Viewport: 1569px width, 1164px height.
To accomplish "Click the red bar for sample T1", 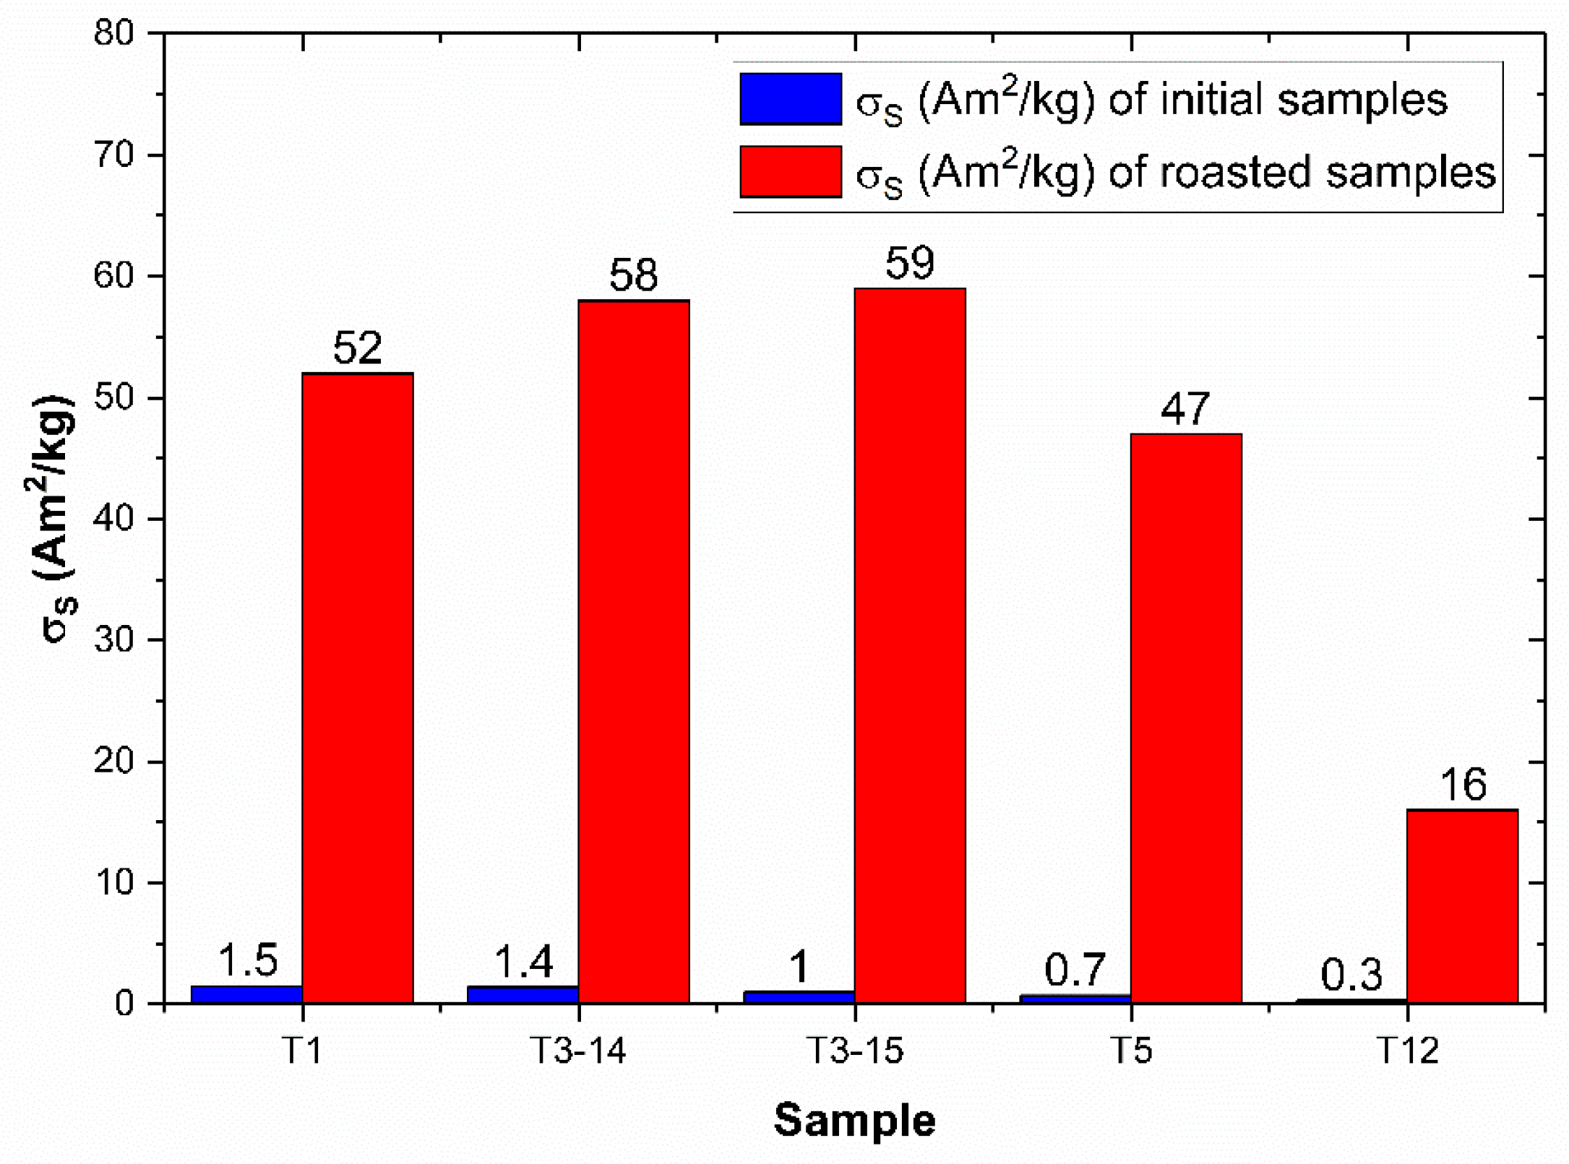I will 358,686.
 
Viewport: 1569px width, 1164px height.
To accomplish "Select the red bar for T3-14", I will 634,650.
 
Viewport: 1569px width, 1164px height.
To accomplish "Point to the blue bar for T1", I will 246,994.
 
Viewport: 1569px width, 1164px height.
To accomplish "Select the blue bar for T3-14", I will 523,995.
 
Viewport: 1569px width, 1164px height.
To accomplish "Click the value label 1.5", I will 247,961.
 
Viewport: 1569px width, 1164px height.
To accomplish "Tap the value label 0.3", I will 1351,975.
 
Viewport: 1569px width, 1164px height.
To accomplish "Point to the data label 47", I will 1185,409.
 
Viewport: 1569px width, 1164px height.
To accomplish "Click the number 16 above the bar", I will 1463,785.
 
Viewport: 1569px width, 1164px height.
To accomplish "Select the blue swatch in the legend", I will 791,99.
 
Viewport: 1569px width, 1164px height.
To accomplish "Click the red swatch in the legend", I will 791,171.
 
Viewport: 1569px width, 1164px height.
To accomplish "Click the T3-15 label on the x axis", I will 854,1051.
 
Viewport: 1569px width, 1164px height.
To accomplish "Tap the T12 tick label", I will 1408,1051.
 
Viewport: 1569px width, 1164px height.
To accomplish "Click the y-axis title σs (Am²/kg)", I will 58,517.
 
